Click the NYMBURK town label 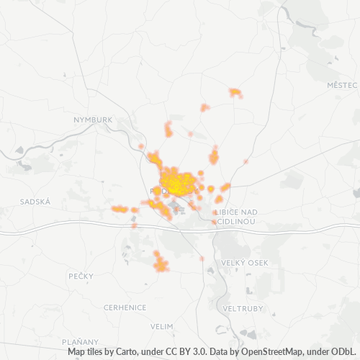click(x=94, y=120)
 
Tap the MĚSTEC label click(x=341, y=85)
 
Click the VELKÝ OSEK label click(x=245, y=263)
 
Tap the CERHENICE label click(x=125, y=307)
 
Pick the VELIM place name click(x=163, y=326)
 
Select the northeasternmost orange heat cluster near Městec click(x=235, y=93)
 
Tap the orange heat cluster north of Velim click(x=161, y=263)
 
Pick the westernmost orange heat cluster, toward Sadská click(x=119, y=209)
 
